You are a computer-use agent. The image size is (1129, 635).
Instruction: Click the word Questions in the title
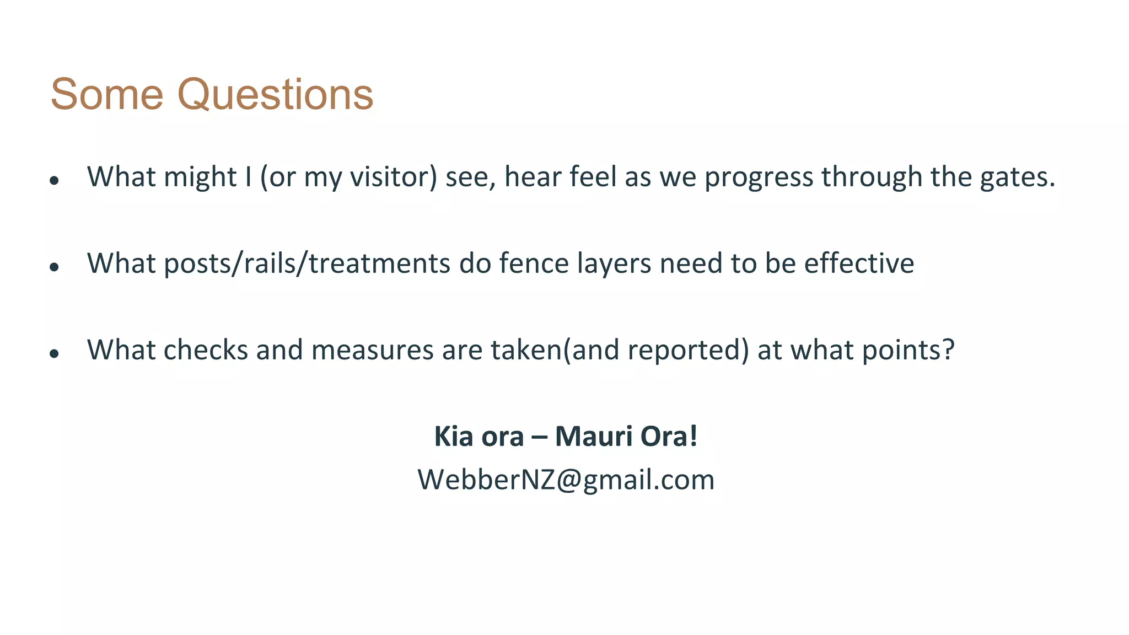pyautogui.click(x=275, y=95)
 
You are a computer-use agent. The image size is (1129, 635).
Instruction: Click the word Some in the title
pyautogui.click(x=107, y=95)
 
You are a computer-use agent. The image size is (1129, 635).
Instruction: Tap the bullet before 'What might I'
pyautogui.click(x=54, y=180)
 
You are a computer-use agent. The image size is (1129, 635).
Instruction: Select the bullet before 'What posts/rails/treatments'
pyautogui.click(x=54, y=267)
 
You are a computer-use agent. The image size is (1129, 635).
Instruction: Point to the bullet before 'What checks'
pyautogui.click(x=54, y=353)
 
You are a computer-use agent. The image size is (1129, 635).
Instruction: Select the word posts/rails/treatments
pyautogui.click(x=307, y=263)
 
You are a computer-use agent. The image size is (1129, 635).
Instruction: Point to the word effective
pyautogui.click(x=859, y=263)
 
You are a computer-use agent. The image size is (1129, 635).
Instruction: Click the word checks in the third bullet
pyautogui.click(x=206, y=350)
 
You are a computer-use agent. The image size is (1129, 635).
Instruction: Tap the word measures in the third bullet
pyautogui.click(x=372, y=350)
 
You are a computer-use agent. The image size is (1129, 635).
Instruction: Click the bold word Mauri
pyautogui.click(x=593, y=436)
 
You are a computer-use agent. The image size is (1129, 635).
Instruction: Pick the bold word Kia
pyautogui.click(x=454, y=436)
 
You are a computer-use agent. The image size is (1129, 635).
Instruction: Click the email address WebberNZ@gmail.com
pyautogui.click(x=566, y=480)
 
